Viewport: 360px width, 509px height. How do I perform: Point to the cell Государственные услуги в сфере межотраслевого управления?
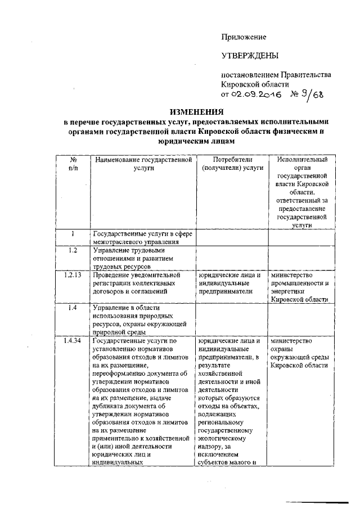pyautogui.click(x=141, y=238)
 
